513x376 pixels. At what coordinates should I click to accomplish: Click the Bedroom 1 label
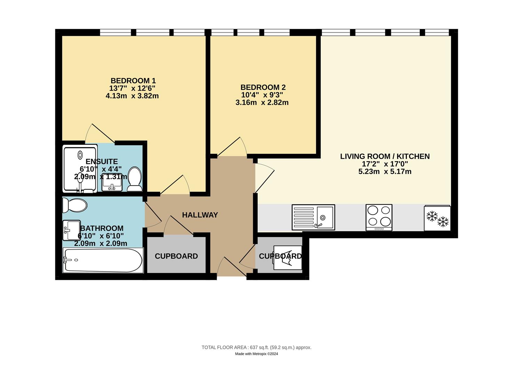click(133, 81)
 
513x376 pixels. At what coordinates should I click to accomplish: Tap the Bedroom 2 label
click(263, 87)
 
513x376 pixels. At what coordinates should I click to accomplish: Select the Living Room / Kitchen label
click(385, 156)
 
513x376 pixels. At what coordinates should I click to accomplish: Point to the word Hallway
click(200, 215)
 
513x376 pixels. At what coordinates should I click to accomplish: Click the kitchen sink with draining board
click(313, 217)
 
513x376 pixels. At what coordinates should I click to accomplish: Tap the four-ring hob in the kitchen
click(379, 217)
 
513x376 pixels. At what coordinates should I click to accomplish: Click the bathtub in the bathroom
click(103, 260)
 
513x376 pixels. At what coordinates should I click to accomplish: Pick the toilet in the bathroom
click(75, 205)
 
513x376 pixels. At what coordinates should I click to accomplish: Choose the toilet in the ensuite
click(135, 179)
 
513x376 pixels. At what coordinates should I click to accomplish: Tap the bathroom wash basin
click(71, 230)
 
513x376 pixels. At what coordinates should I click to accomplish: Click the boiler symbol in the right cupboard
click(288, 258)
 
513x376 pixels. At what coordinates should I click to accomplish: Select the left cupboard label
click(176, 256)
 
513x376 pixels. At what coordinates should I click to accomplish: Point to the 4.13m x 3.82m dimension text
click(132, 96)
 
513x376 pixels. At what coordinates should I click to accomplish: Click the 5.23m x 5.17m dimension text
click(385, 172)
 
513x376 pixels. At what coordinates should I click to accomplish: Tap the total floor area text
click(257, 347)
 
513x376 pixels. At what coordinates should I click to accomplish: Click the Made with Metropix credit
click(257, 354)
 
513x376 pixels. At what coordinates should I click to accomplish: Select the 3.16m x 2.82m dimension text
click(262, 102)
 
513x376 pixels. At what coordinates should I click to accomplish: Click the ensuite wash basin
click(112, 182)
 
